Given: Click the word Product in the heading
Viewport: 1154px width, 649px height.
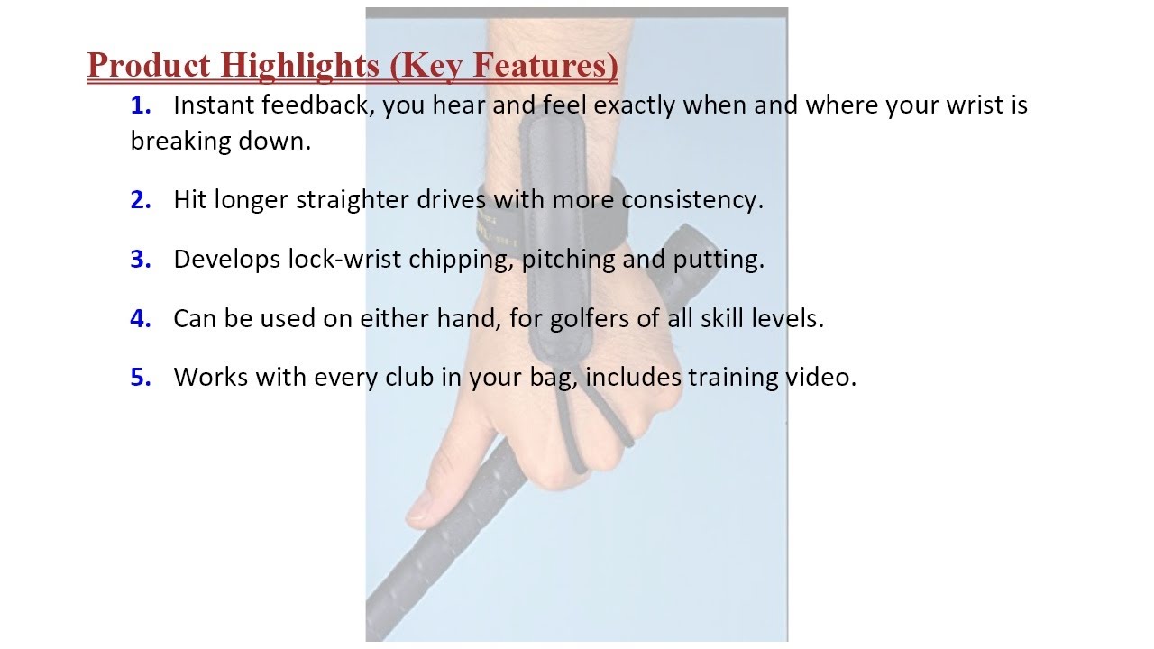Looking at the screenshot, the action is (x=149, y=66).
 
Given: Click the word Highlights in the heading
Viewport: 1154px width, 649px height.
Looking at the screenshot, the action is (x=300, y=67).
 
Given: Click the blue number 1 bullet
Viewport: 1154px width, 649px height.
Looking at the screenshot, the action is (x=140, y=105).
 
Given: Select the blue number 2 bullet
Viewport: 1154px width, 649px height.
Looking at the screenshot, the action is (x=140, y=200).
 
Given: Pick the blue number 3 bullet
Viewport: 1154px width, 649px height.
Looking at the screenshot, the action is (x=140, y=259).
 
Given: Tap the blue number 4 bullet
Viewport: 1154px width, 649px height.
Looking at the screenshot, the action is (x=140, y=318).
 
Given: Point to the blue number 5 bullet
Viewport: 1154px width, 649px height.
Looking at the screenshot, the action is (x=140, y=377).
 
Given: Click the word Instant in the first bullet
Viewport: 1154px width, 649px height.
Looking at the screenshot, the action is (x=214, y=105).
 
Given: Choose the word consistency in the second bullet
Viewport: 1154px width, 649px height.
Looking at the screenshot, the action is (x=691, y=200).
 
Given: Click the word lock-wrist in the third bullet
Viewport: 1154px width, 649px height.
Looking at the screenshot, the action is (x=344, y=259).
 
